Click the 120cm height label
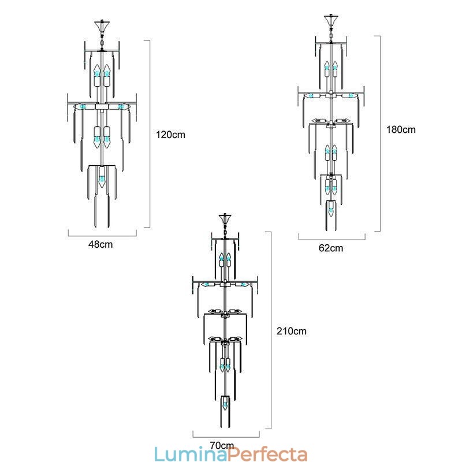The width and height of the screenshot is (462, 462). [x=170, y=135]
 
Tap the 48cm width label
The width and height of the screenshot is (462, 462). [x=100, y=244]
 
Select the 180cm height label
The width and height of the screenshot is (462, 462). [x=401, y=129]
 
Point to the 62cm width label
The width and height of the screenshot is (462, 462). [x=331, y=248]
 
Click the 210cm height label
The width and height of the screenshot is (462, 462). [x=292, y=331]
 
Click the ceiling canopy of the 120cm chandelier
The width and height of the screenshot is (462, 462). [x=102, y=27]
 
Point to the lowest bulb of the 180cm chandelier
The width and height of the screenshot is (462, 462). [x=331, y=211]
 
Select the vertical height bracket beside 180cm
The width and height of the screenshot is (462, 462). [x=379, y=133]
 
